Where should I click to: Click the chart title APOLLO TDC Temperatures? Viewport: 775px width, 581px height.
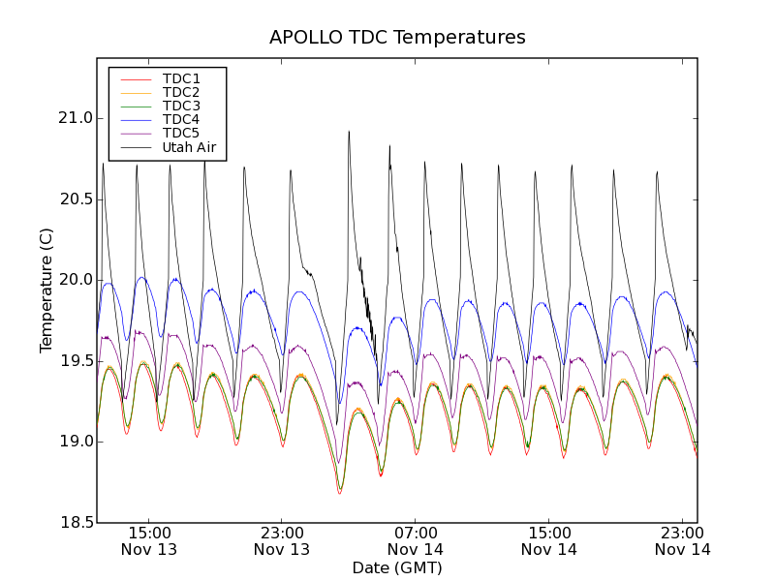[397, 38]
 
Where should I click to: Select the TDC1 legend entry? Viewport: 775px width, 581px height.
[181, 78]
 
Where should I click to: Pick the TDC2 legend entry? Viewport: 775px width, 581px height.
[181, 92]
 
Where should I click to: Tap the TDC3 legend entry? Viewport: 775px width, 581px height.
[181, 106]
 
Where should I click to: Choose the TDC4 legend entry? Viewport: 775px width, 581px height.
[181, 119]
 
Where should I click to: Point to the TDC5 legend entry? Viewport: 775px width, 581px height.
[181, 134]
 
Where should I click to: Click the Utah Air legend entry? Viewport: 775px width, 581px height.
[188, 147]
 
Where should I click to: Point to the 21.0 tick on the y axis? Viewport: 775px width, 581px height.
[76, 118]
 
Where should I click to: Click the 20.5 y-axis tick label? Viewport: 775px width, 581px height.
[76, 199]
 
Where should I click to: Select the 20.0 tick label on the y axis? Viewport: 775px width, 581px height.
[76, 280]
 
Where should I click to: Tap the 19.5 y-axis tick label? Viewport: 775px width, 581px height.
[76, 361]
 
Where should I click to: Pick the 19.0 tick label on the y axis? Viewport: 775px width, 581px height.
[76, 442]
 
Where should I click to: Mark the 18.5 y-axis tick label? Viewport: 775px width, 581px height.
[76, 523]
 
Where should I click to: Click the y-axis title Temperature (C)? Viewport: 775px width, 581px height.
[46, 290]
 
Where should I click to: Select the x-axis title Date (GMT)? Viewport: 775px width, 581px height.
[397, 567]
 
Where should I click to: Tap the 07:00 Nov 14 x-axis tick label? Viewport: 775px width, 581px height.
[416, 540]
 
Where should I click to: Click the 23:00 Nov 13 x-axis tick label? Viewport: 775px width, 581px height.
[282, 540]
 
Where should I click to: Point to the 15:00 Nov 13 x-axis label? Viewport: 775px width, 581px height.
[148, 540]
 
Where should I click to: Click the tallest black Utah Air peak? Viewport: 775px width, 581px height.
[349, 132]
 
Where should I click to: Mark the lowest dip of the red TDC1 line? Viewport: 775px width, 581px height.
[340, 493]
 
